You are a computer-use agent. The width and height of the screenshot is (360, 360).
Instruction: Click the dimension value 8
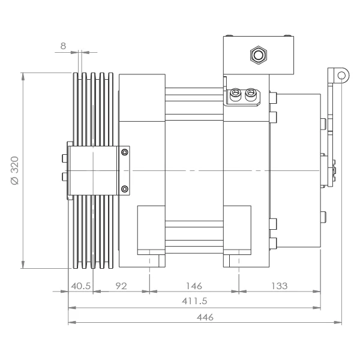pos(63,46)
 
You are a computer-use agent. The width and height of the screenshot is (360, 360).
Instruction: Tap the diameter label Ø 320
pos(15,170)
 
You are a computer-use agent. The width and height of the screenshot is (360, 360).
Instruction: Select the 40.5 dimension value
pos(81,286)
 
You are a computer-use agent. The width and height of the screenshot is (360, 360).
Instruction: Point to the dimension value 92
pos(121,286)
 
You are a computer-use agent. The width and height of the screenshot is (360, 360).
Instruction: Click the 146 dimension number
pos(194,286)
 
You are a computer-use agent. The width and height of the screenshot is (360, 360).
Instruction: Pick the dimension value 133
pos(280,286)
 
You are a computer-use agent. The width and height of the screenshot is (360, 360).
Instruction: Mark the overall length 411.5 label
pos(194,301)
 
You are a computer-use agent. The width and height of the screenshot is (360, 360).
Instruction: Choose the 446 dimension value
pos(205,317)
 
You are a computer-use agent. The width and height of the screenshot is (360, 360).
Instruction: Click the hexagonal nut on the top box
pos(258,55)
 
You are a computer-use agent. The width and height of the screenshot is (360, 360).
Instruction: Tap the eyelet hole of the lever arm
pos(341,76)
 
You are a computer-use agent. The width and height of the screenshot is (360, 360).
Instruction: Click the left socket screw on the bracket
pos(235,94)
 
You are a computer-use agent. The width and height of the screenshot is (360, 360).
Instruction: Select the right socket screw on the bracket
pos(250,94)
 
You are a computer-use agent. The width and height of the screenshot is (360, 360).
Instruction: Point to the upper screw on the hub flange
pos(125,152)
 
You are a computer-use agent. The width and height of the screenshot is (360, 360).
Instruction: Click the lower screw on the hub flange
pos(125,189)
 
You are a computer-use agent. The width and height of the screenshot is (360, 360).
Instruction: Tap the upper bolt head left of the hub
pos(65,158)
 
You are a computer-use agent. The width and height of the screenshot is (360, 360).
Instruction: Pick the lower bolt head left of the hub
pos(65,177)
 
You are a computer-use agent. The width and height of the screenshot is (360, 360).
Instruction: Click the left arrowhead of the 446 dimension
pos(72,322)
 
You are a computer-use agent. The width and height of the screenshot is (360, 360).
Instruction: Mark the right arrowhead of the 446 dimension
pos(338,322)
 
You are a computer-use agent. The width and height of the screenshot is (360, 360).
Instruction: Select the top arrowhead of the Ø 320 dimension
pos(23,77)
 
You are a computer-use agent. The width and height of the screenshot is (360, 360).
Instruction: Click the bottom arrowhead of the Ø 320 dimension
pos(23,265)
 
